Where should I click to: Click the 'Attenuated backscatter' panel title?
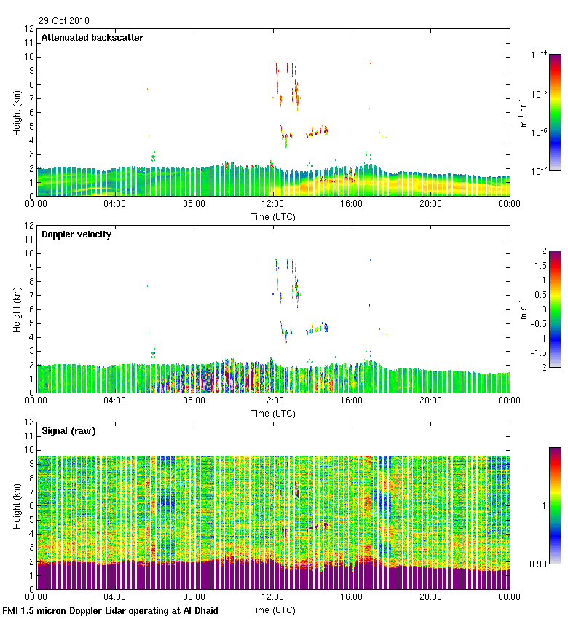(x=92, y=38)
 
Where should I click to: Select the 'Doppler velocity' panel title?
(x=76, y=234)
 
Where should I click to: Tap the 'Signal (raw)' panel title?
(x=68, y=431)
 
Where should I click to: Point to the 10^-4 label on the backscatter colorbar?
(x=539, y=54)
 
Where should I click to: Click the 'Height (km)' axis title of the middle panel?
(x=17, y=309)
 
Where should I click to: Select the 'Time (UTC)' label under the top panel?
(x=273, y=216)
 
